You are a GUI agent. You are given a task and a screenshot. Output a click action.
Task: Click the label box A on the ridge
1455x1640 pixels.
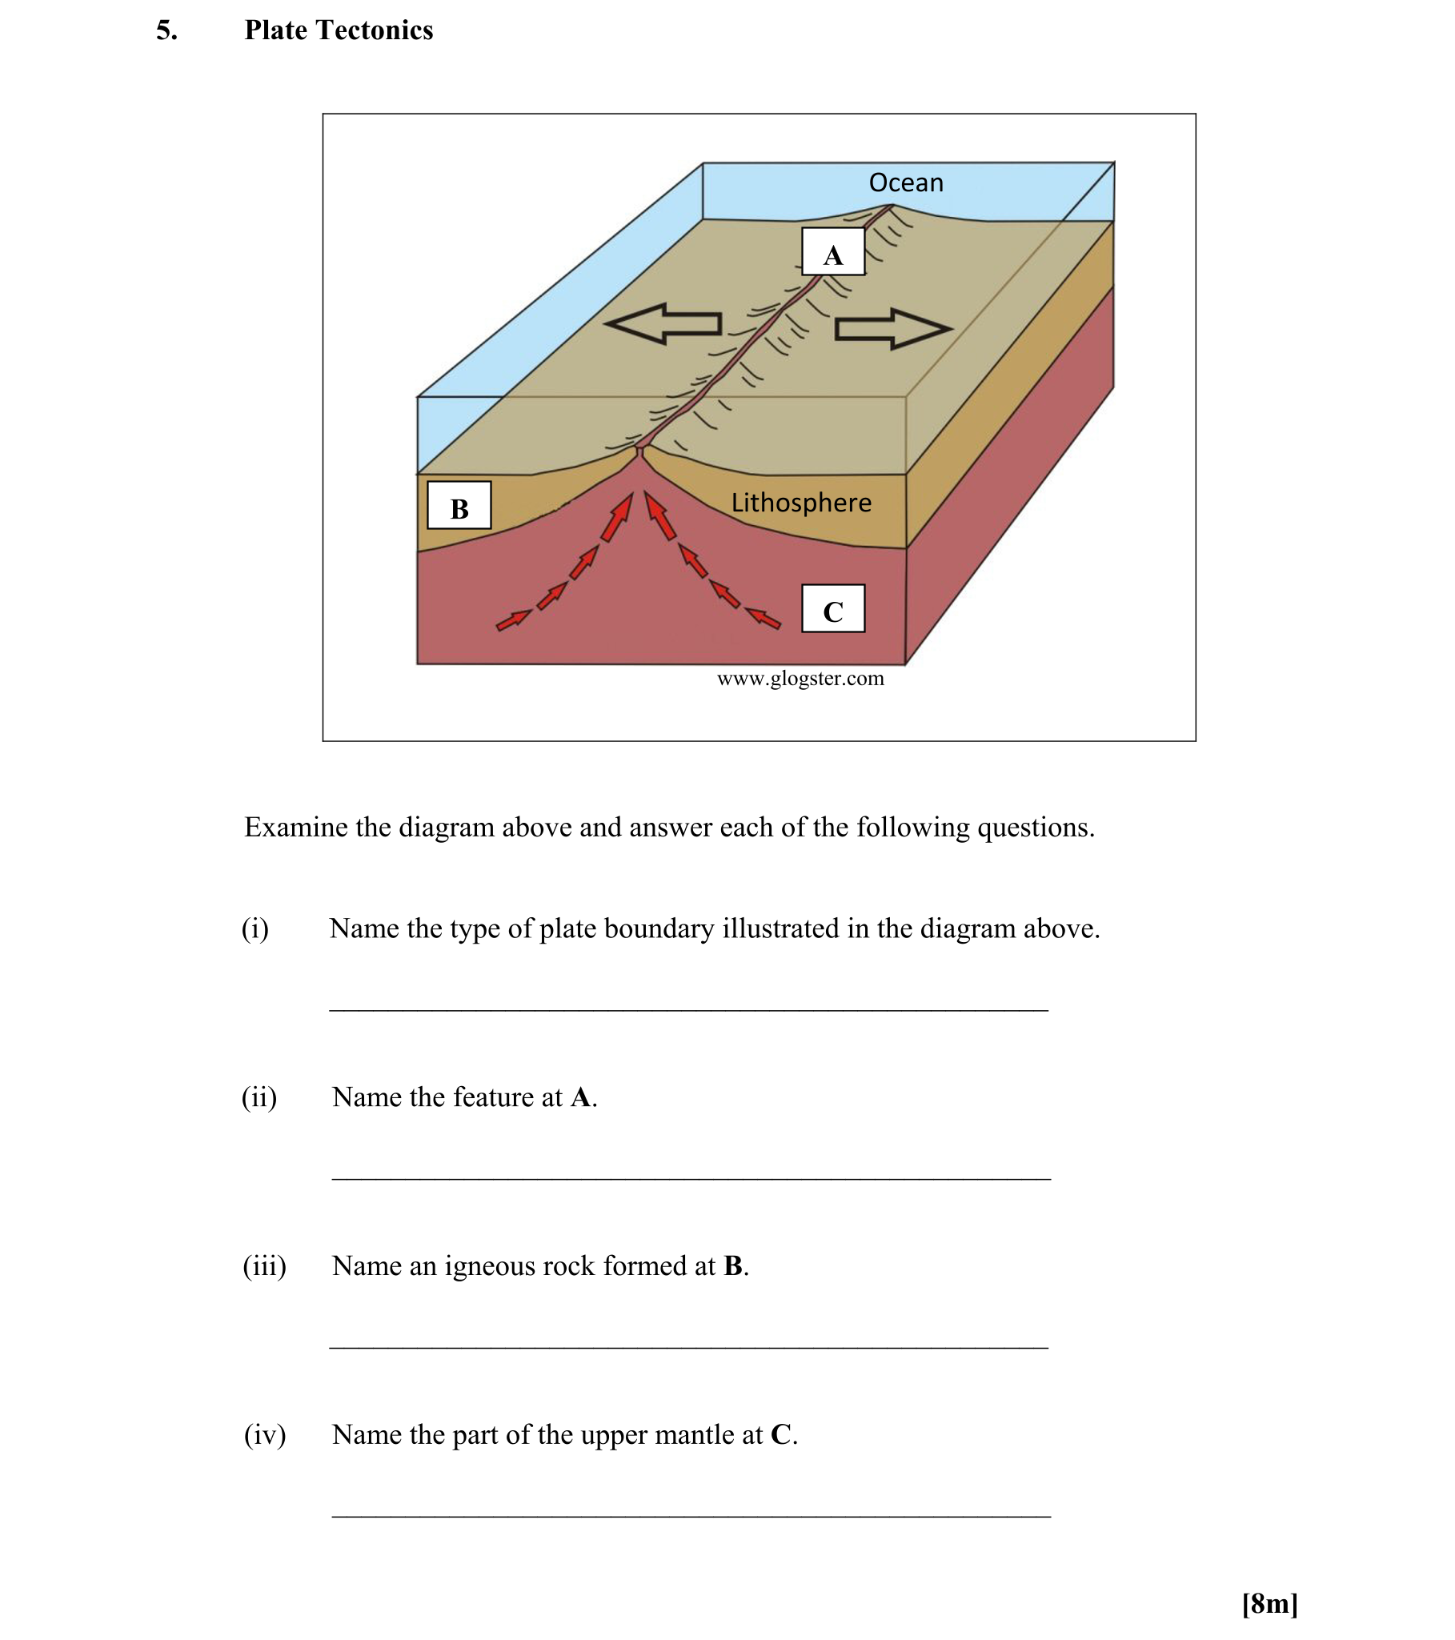832,253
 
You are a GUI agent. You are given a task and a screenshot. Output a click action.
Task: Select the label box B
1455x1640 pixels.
459,507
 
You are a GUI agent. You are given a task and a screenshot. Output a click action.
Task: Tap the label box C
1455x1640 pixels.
832,610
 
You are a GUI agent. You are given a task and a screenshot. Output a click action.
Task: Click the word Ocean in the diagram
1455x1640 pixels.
905,183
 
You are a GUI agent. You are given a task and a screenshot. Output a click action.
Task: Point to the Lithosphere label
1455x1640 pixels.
800,503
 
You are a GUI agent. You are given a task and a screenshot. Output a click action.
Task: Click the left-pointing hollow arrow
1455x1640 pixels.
663,324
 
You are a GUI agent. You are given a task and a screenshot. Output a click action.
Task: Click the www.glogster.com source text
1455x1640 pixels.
800,679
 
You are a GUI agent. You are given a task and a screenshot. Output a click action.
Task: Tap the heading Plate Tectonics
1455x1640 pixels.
339,30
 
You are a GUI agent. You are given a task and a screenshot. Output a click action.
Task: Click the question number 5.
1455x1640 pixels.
166,30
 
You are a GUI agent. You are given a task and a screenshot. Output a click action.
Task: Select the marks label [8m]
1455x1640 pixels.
1269,1603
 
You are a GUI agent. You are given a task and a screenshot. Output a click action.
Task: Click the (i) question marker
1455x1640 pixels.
255,928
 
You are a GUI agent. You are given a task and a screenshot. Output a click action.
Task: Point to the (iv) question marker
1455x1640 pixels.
265,1434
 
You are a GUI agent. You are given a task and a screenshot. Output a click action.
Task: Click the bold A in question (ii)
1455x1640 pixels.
582,1097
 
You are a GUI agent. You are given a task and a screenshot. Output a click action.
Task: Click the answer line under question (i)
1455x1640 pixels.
688,1010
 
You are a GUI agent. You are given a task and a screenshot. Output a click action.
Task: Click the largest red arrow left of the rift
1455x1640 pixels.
618,517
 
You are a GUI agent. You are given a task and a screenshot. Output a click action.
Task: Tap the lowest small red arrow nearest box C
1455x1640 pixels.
763,619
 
